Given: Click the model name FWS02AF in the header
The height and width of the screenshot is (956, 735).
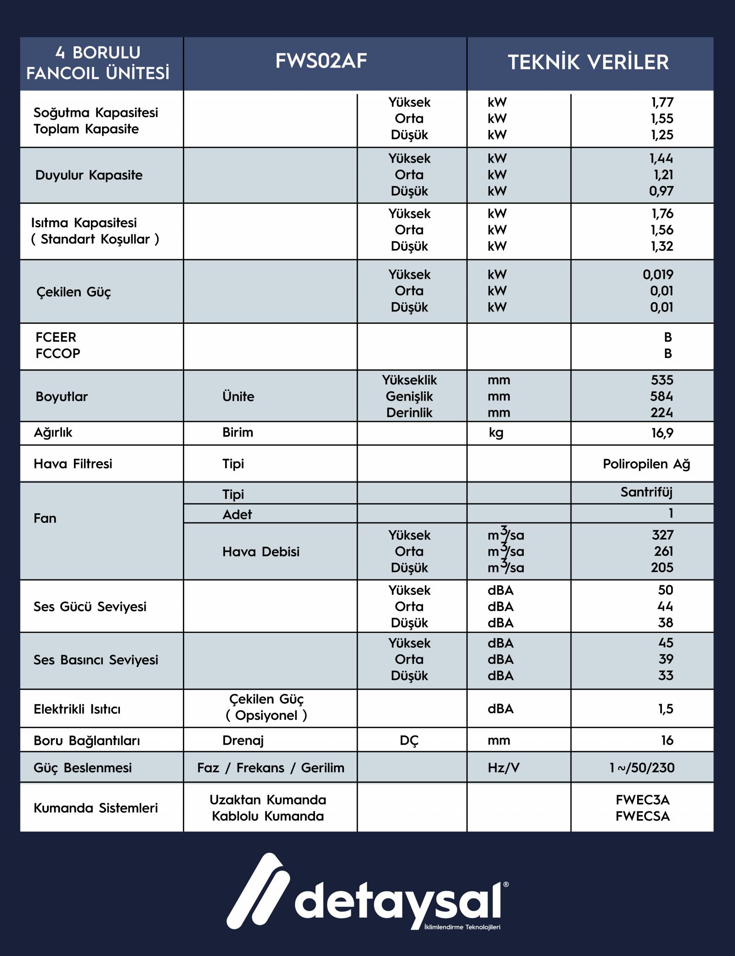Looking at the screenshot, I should pyautogui.click(x=321, y=62).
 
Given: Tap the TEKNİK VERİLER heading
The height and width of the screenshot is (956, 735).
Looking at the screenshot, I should pyautogui.click(x=588, y=62).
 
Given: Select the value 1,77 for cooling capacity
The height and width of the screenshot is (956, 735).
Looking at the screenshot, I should pyautogui.click(x=662, y=102).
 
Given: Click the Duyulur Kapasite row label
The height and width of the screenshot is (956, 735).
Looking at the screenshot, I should pyautogui.click(x=89, y=175).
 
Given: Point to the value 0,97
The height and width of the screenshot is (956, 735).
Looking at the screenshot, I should pyautogui.click(x=661, y=191).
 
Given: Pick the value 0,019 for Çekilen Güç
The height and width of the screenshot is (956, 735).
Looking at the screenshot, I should pyautogui.click(x=658, y=275).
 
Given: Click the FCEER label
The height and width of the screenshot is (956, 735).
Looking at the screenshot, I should pyautogui.click(x=56, y=337).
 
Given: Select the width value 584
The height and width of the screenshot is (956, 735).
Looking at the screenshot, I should pyautogui.click(x=661, y=396).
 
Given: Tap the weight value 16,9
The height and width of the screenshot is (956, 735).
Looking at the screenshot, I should pyautogui.click(x=662, y=433).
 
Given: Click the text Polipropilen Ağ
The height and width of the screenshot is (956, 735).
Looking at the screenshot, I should pyautogui.click(x=646, y=464).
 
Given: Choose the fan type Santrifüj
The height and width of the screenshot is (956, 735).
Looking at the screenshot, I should pyautogui.click(x=646, y=492).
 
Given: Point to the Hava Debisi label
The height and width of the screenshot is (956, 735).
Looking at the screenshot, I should pyautogui.click(x=260, y=552).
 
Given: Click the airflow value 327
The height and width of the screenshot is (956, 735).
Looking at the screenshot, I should pyautogui.click(x=662, y=535).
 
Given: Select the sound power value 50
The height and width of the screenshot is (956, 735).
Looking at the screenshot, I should pyautogui.click(x=665, y=590).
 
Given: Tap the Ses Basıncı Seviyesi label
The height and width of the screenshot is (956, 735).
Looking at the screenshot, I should pyautogui.click(x=96, y=660).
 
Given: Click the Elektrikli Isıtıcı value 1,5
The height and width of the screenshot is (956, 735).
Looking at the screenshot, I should pyautogui.click(x=666, y=709).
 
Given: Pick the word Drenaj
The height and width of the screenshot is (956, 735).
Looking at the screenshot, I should pyautogui.click(x=243, y=741).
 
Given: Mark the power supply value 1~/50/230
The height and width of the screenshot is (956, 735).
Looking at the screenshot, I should pyautogui.click(x=642, y=768).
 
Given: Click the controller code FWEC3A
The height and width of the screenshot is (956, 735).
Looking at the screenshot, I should pyautogui.click(x=642, y=800).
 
